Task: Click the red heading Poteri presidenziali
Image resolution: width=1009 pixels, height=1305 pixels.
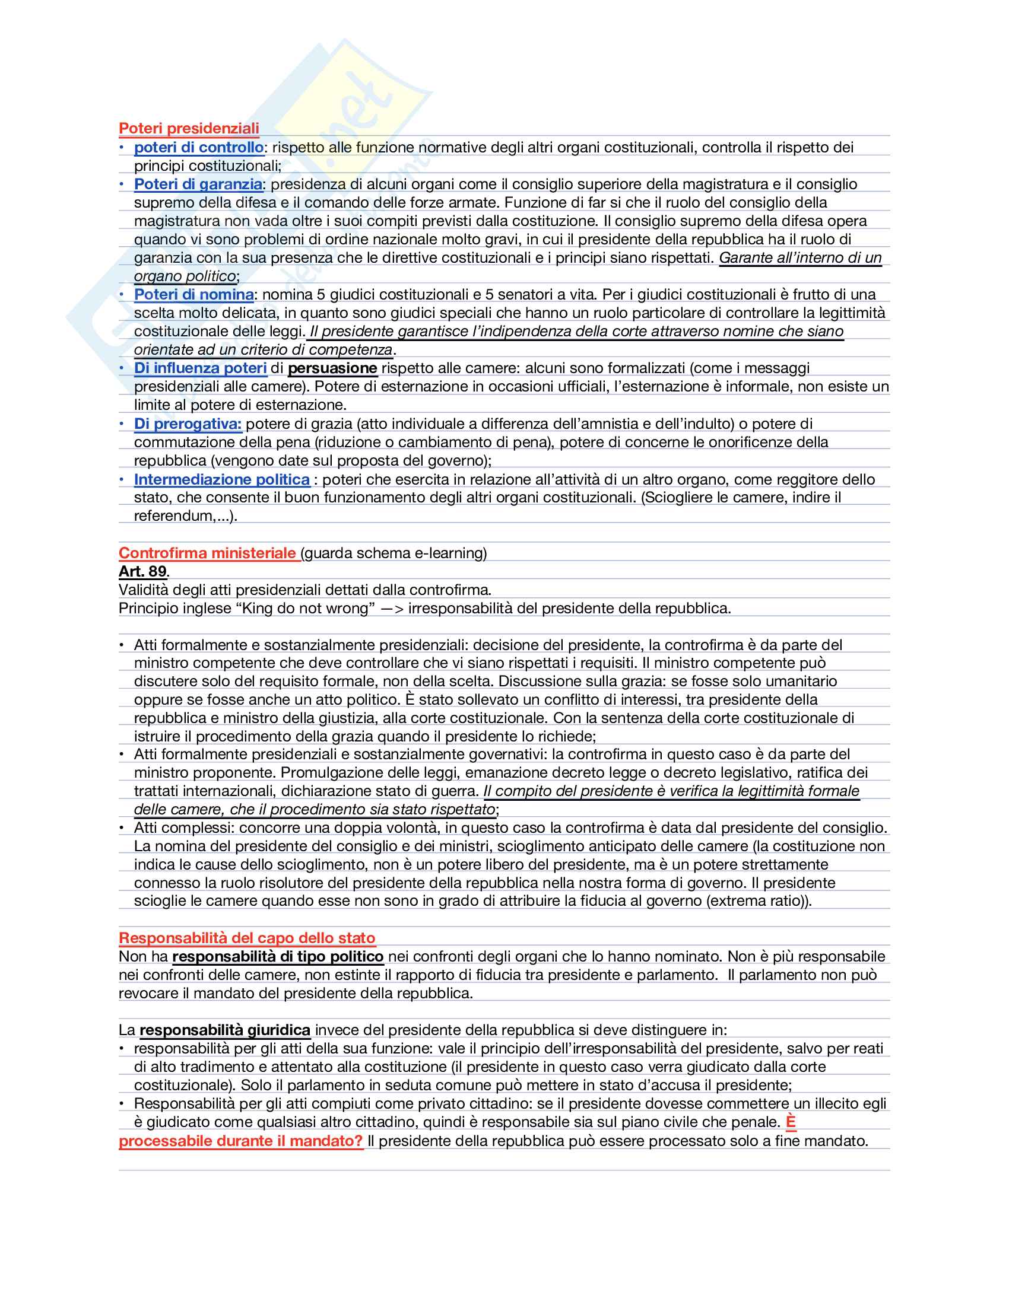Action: (x=189, y=129)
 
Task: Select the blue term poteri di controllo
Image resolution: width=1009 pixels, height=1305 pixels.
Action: (x=198, y=148)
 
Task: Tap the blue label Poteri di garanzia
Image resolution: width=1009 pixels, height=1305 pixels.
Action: (x=198, y=184)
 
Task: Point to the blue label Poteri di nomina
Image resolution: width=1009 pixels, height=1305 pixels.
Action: (x=193, y=295)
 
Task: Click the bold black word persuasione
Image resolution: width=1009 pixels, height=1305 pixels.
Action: (x=332, y=368)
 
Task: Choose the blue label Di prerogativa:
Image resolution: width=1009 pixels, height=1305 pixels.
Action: (x=187, y=424)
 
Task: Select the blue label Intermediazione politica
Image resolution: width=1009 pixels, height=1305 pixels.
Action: (x=222, y=479)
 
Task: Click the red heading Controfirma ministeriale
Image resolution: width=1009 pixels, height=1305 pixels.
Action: (x=207, y=553)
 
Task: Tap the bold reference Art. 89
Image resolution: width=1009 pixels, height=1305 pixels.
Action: (x=143, y=571)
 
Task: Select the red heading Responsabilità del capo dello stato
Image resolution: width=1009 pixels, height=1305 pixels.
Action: (x=247, y=938)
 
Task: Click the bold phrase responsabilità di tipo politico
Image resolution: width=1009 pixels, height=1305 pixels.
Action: (x=278, y=957)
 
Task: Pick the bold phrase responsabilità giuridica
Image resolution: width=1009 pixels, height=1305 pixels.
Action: (x=225, y=1030)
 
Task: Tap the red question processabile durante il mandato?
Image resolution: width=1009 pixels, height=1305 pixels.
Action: (x=241, y=1141)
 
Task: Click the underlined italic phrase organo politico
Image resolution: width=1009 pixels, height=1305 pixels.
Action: (x=185, y=276)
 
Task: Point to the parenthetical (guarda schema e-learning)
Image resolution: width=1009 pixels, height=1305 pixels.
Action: (x=394, y=553)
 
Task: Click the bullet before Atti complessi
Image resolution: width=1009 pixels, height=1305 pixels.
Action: (x=121, y=828)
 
